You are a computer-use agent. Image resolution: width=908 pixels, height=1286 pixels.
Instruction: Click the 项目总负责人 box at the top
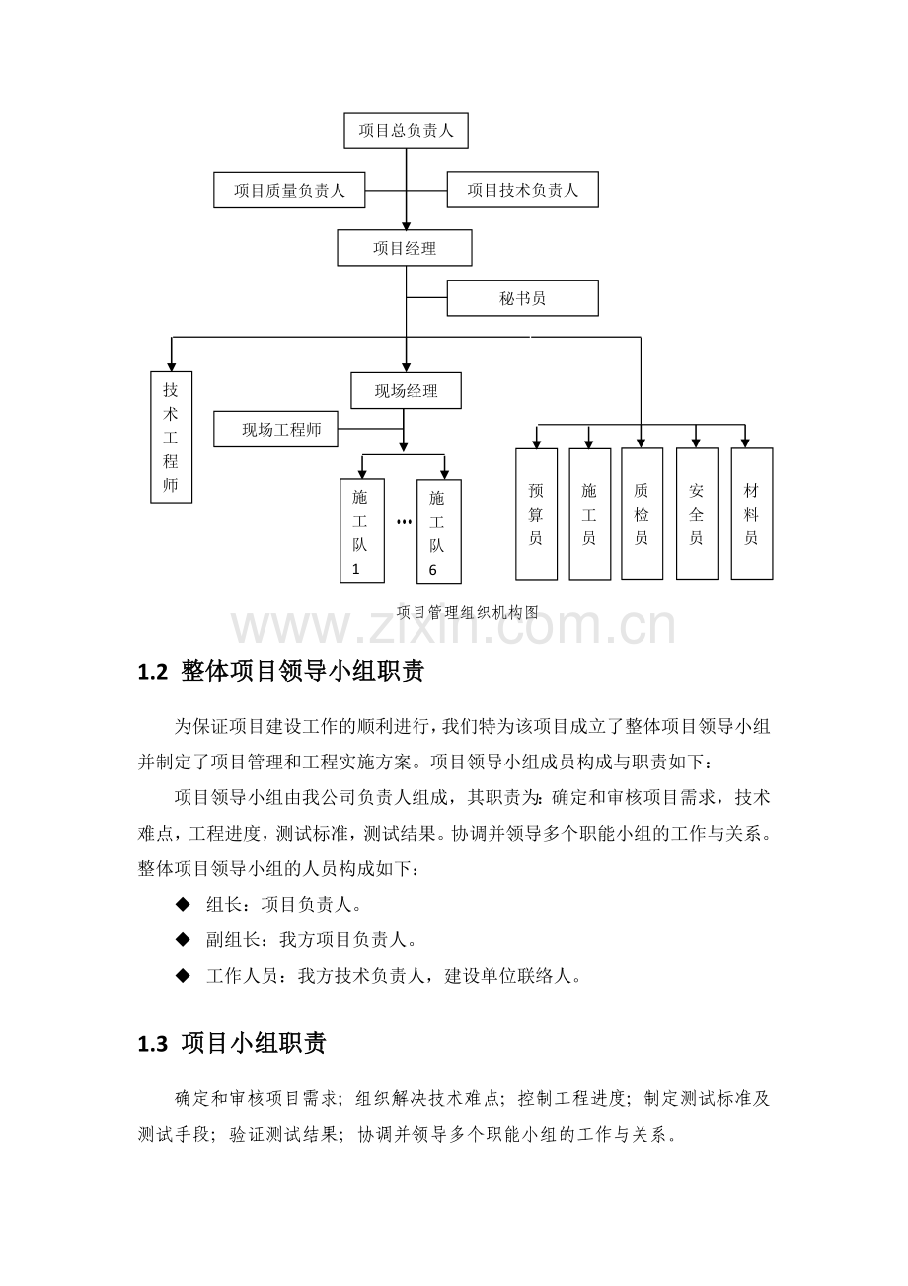point(406,130)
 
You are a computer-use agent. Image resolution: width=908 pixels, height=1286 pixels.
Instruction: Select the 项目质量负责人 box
point(289,190)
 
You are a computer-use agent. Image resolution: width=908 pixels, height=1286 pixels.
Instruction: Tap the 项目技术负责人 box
point(522,190)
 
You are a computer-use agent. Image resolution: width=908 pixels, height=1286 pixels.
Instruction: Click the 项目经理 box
point(405,248)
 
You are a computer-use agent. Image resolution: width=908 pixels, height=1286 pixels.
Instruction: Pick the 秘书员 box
point(522,298)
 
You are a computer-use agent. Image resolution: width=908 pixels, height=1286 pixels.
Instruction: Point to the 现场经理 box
point(406,391)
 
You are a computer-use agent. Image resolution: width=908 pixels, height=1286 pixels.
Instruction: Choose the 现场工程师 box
point(276,429)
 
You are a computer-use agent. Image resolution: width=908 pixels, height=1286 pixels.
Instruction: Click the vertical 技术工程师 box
point(171,438)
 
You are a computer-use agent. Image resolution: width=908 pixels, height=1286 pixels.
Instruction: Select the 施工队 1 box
point(362,531)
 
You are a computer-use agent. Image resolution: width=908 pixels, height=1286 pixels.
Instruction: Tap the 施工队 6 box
point(439,531)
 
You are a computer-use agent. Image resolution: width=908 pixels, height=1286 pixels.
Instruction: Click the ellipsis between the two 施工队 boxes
point(404,522)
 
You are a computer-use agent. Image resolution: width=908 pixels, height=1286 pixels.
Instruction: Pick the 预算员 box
point(536,514)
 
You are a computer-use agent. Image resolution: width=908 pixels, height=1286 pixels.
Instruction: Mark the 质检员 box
point(642,514)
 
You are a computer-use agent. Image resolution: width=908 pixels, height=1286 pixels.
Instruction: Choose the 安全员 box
point(697,514)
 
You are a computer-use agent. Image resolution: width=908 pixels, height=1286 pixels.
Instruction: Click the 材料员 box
point(752,514)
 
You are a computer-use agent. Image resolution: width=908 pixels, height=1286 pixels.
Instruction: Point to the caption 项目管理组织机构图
point(468,613)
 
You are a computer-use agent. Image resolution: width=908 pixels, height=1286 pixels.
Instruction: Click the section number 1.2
point(153,672)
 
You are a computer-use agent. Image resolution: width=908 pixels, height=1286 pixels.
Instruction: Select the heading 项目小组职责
point(254,1043)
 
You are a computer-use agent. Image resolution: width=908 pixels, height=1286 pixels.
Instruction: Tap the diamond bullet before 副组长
point(183,940)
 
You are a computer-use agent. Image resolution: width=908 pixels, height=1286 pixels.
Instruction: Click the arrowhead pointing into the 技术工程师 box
point(171,366)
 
